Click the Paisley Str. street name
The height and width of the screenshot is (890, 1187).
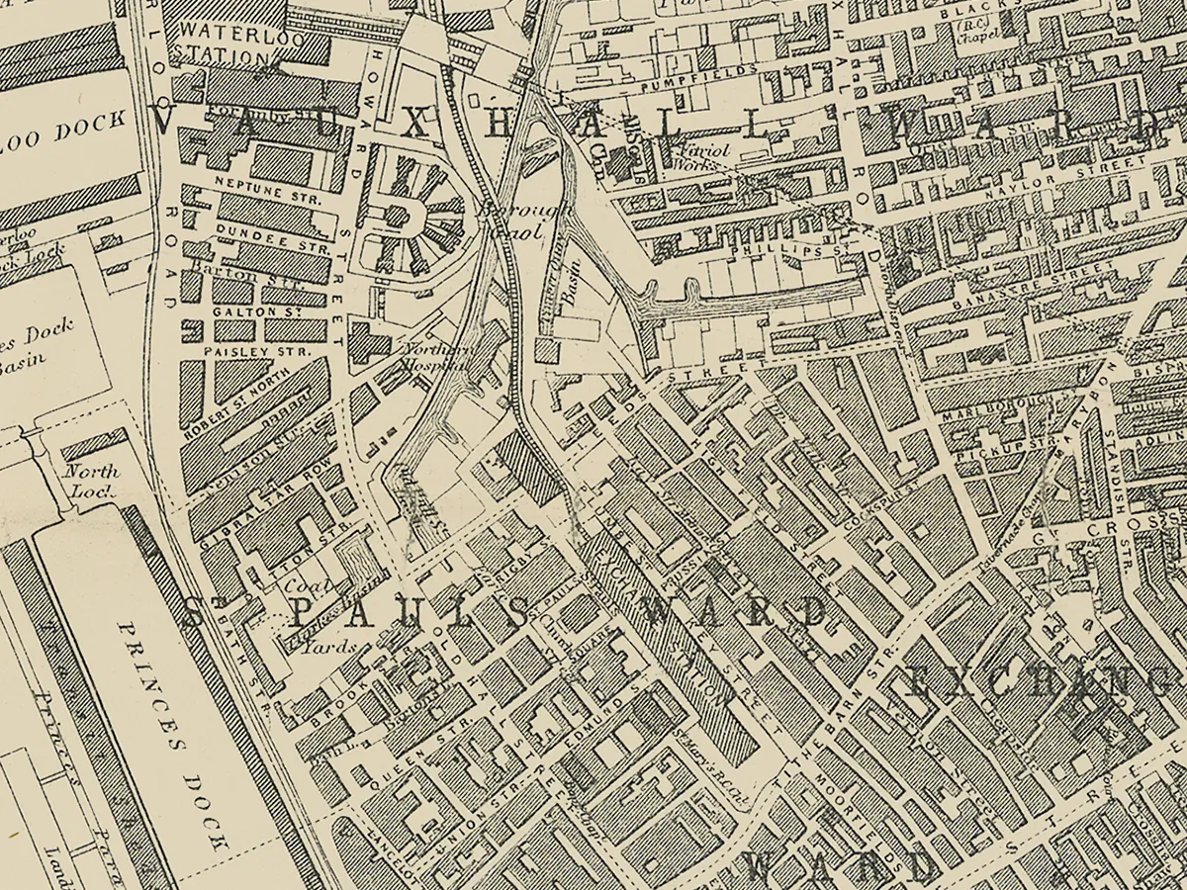(x=243, y=351)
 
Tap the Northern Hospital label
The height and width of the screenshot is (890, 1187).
(x=432, y=357)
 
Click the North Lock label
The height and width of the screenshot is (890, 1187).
(x=91, y=481)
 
